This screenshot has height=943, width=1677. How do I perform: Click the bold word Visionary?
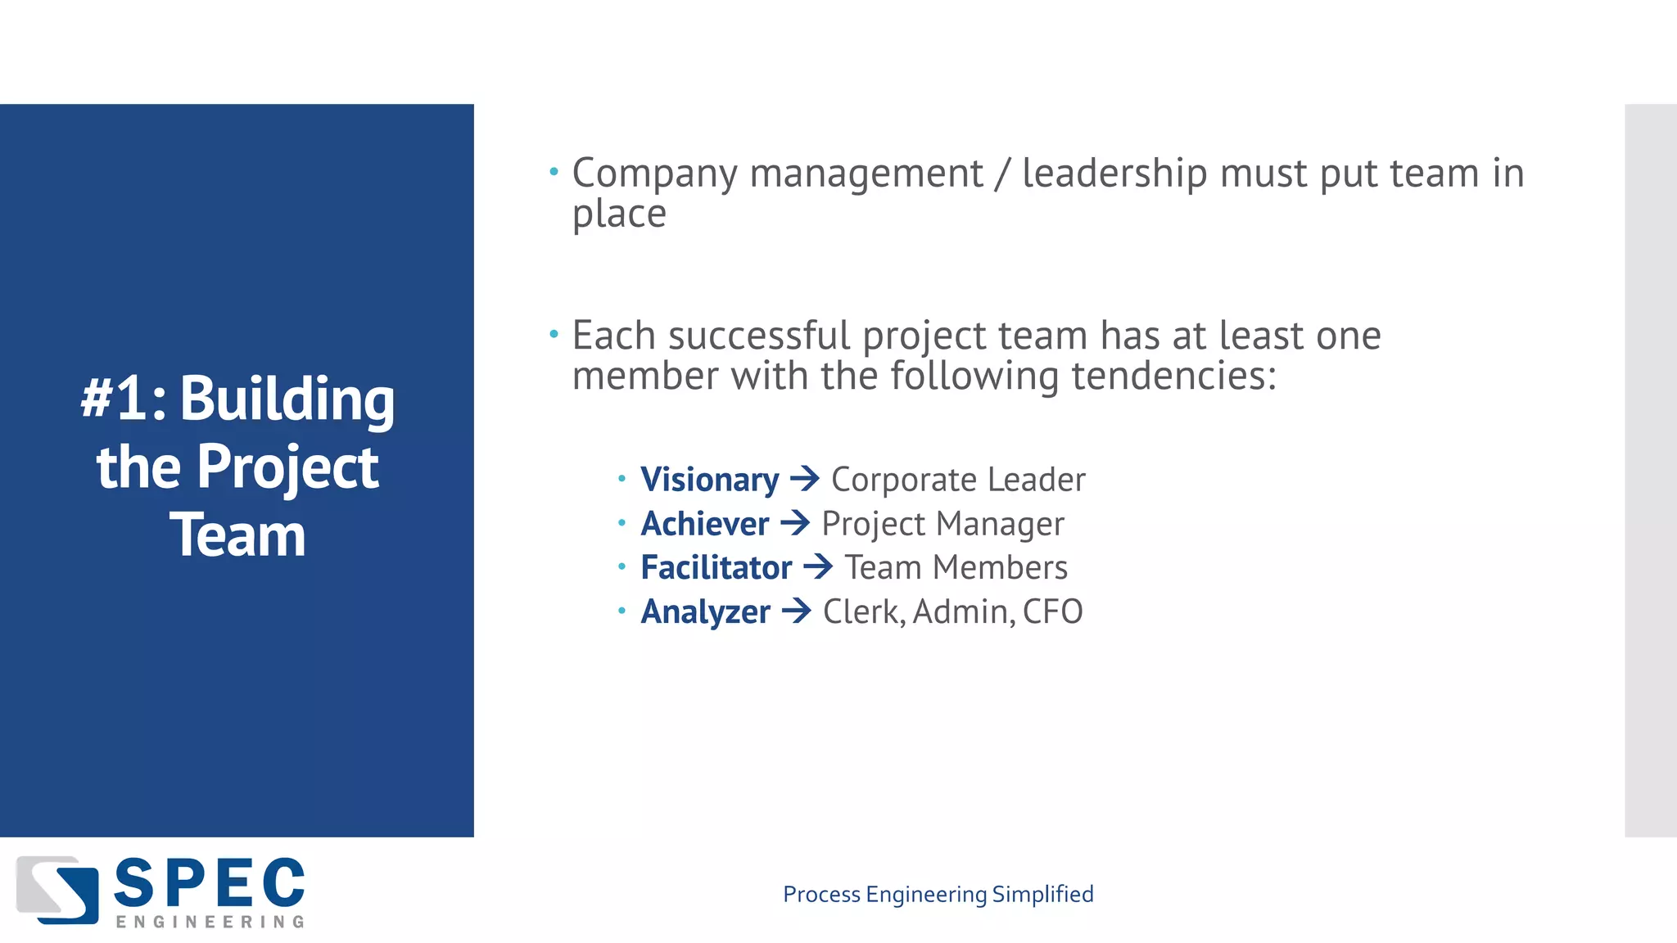tap(709, 480)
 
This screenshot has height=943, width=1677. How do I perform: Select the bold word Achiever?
tap(704, 524)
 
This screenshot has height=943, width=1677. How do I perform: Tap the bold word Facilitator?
tap(716, 568)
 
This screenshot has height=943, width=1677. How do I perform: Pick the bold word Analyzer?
tap(705, 612)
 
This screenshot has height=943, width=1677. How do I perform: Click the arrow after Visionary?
tap(805, 479)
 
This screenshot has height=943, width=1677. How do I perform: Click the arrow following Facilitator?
tap(818, 567)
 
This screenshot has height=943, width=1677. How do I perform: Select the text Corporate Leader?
tap(958, 480)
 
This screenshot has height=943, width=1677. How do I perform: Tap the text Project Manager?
tap(942, 524)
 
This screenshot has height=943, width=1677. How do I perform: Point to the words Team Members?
tap(956, 568)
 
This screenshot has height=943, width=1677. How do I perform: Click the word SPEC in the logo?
tap(210, 884)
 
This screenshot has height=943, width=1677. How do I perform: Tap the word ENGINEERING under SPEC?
tap(210, 923)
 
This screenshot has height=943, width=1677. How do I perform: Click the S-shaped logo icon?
tap(57, 890)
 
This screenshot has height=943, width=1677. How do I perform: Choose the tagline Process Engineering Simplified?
tap(938, 894)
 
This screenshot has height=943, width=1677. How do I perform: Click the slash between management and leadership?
tap(1002, 174)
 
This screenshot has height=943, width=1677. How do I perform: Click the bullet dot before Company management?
tap(554, 172)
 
